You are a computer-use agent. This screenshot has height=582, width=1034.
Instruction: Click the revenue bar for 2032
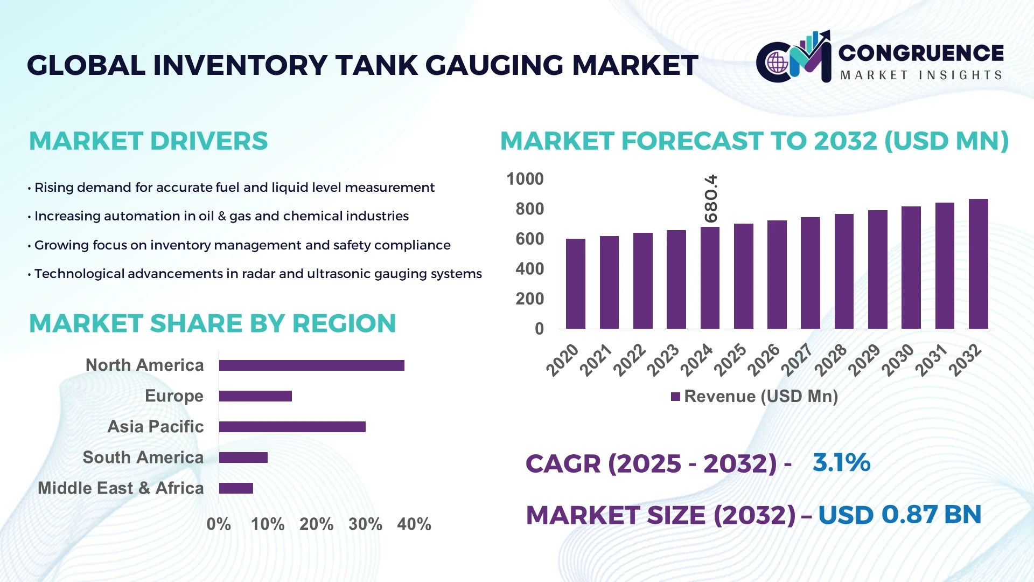978,264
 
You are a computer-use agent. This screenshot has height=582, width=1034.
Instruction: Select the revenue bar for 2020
575,284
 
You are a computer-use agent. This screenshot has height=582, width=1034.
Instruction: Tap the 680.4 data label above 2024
711,198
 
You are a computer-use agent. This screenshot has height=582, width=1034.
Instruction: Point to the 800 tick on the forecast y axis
529,209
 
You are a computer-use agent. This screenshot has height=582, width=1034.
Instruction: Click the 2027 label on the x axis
797,359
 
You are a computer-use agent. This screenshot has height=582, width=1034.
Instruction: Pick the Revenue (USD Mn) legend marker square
675,397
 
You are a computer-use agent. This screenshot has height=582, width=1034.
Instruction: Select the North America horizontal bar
311,365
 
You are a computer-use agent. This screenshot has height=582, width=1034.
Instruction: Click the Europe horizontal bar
255,396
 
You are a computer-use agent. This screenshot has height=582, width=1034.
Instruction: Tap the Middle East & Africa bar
236,488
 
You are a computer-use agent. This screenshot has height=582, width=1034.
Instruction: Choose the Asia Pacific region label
155,427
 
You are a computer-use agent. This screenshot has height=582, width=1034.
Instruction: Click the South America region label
143,458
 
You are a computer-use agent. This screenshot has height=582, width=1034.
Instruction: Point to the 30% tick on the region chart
365,524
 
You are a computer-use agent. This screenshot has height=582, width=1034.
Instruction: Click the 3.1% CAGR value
841,463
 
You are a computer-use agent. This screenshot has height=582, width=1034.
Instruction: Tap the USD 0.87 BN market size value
899,515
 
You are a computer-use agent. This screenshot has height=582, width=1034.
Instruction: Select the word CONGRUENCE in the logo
921,53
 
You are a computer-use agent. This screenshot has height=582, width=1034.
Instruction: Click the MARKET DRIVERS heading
148,141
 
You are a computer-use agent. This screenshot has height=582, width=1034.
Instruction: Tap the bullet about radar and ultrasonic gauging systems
257,274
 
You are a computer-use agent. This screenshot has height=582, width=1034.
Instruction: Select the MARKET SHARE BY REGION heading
212,323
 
